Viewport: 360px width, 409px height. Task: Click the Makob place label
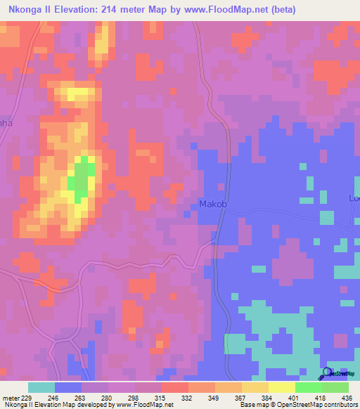coord(214,204)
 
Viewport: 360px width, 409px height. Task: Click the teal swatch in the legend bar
coord(41,387)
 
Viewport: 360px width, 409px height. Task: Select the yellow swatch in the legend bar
coord(281,387)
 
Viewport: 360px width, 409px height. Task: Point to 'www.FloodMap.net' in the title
coord(226,10)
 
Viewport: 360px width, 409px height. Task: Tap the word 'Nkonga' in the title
coord(25,10)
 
